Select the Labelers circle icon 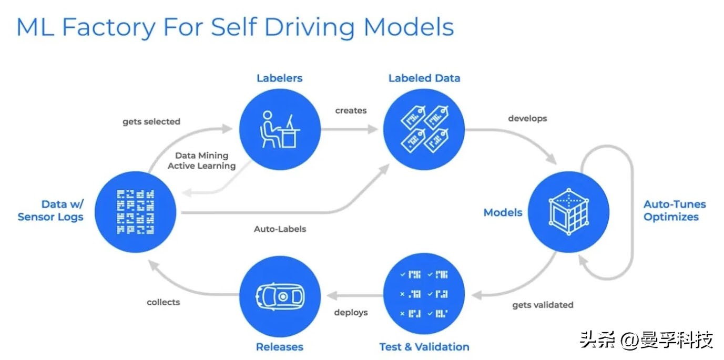(x=280, y=129)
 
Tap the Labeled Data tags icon (x=424, y=129)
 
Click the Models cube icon (x=568, y=212)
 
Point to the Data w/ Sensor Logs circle (x=136, y=212)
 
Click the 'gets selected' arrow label (x=151, y=121)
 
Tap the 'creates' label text (x=351, y=110)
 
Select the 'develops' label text (x=527, y=118)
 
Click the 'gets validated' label (x=543, y=305)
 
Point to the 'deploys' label (x=351, y=312)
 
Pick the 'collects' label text (x=163, y=302)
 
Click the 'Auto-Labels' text (x=280, y=229)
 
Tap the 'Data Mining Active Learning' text (x=205, y=160)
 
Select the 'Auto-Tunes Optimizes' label (x=675, y=211)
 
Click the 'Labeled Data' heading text (x=424, y=78)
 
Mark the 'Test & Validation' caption (x=424, y=347)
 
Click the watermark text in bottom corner (x=646, y=340)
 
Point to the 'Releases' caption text (x=280, y=347)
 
